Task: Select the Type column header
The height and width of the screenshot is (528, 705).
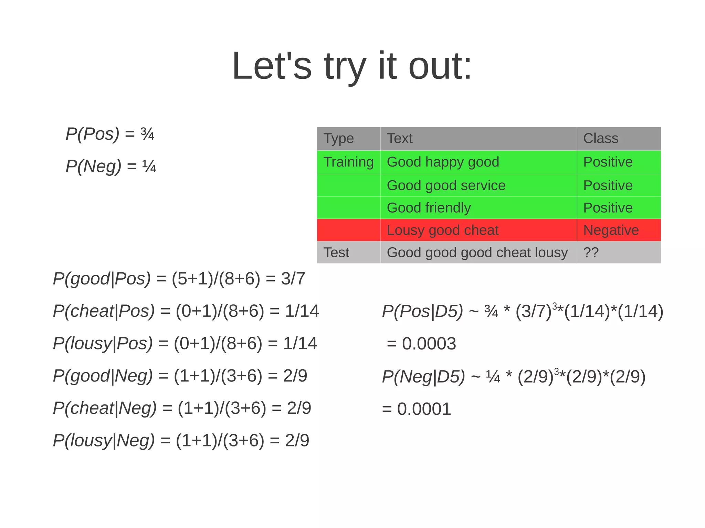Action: click(339, 138)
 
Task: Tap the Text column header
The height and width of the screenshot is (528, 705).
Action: click(399, 138)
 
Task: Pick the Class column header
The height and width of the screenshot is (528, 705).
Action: click(601, 138)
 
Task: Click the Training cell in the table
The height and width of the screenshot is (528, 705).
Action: click(348, 162)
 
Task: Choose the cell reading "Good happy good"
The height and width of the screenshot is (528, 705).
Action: click(443, 162)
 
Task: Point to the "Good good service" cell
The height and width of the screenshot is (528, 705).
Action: click(446, 185)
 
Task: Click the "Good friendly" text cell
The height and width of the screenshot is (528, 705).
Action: click(429, 208)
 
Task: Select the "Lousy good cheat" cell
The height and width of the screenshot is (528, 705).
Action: click(443, 230)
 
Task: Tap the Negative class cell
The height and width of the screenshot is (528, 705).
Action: click(611, 230)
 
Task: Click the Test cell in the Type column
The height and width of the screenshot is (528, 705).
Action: click(336, 252)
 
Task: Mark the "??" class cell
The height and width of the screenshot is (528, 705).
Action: click(591, 252)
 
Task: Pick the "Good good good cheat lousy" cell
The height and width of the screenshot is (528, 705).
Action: click(477, 252)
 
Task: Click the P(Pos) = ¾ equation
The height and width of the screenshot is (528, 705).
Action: click(110, 134)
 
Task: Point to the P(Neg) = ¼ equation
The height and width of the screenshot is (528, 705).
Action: click(111, 166)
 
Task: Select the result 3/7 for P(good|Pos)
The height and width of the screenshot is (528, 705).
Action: click(293, 279)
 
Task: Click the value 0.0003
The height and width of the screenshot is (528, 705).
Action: click(429, 344)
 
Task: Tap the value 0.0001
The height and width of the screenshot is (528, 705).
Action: click(424, 409)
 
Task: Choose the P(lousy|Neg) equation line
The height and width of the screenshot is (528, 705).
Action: click(181, 441)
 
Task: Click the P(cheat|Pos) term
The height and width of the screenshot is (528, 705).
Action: click(104, 311)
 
